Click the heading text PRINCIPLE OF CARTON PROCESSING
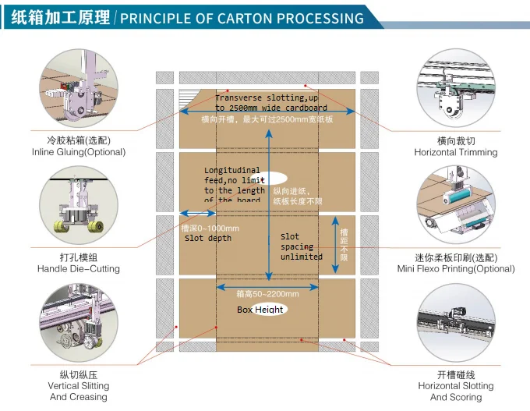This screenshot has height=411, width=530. click(x=242, y=18)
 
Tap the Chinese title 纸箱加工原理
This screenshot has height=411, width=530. click(x=61, y=18)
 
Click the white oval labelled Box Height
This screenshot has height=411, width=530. click(x=261, y=310)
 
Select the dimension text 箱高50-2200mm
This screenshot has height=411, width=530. click(x=267, y=294)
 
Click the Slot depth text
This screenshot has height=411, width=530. click(x=207, y=238)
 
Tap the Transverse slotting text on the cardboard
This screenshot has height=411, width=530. click(x=271, y=102)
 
